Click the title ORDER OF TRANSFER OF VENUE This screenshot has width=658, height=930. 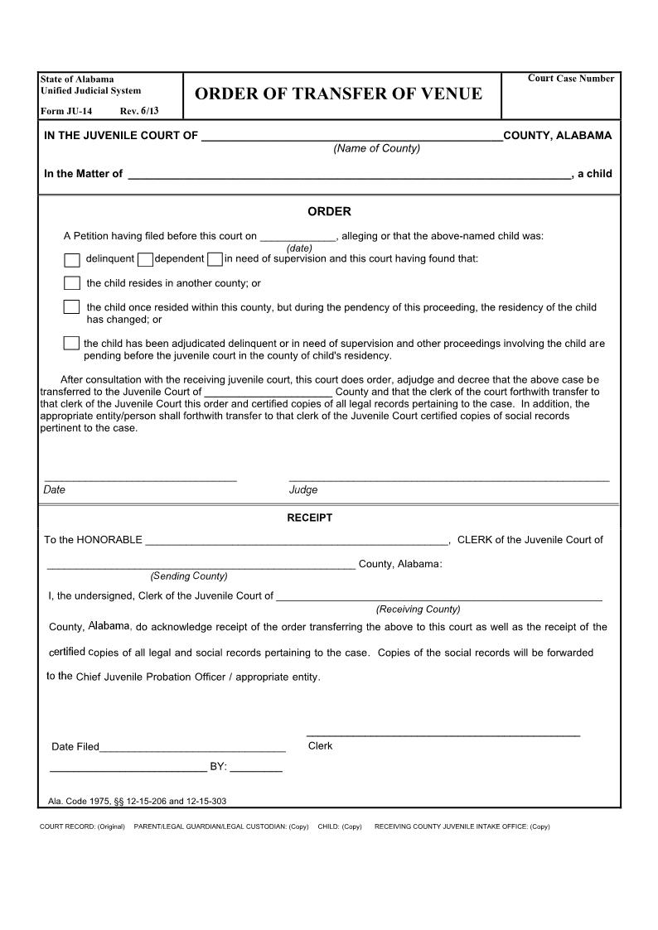tap(338, 94)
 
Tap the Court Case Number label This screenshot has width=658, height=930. tap(571, 79)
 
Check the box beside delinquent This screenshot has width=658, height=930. tap(72, 260)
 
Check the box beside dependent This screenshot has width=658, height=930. tap(145, 260)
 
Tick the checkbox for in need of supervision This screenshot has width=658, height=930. tap(215, 260)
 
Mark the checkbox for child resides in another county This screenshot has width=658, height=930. tap(72, 283)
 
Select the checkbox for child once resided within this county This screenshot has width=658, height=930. tap(72, 307)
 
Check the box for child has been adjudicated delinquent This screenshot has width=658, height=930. tap(72, 344)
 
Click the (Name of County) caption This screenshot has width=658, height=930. tap(376, 148)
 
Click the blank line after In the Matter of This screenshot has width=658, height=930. tap(349, 175)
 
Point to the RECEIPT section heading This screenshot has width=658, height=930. tap(309, 518)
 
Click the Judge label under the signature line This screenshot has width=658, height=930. tap(303, 490)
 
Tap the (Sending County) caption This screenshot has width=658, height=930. tap(188, 576)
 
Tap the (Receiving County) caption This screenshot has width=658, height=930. tap(418, 610)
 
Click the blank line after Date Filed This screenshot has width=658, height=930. tap(192, 748)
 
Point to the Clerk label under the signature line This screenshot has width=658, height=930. tap(320, 746)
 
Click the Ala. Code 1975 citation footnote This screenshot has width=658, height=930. tap(138, 802)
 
